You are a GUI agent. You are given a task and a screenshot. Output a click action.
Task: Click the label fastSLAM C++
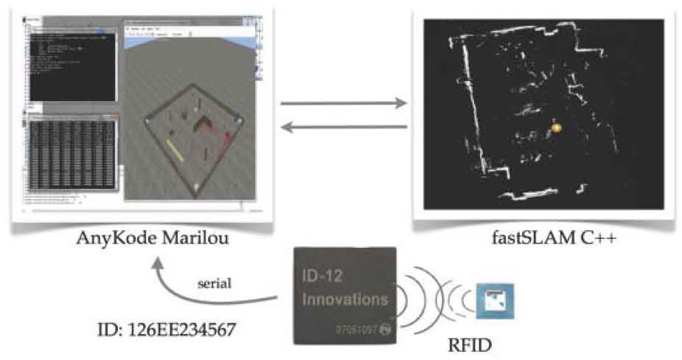click(x=535, y=238)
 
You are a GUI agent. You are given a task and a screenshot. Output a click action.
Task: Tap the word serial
click(x=215, y=283)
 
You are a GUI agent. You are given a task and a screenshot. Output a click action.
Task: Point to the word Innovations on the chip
click(x=344, y=300)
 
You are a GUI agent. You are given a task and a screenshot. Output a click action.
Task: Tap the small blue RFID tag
click(x=493, y=300)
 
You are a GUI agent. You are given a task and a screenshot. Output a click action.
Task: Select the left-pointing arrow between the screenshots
click(x=344, y=128)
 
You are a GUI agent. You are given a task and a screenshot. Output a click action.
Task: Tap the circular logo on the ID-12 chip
click(x=383, y=324)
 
